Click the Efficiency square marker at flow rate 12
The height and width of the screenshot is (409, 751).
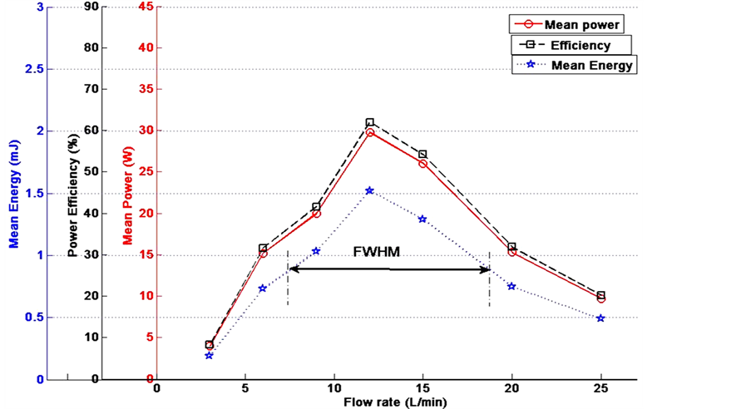pos(370,123)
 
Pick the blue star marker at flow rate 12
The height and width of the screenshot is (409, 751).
pos(370,190)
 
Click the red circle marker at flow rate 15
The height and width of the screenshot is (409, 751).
pos(422,164)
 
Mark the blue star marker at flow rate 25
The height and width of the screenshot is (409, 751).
pos(600,318)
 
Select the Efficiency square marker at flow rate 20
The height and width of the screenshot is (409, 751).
pos(511,247)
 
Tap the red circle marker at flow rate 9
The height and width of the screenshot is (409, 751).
pos(316,214)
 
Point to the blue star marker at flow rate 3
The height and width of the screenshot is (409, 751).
pos(210,355)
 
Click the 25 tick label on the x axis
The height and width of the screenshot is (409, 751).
pos(600,388)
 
